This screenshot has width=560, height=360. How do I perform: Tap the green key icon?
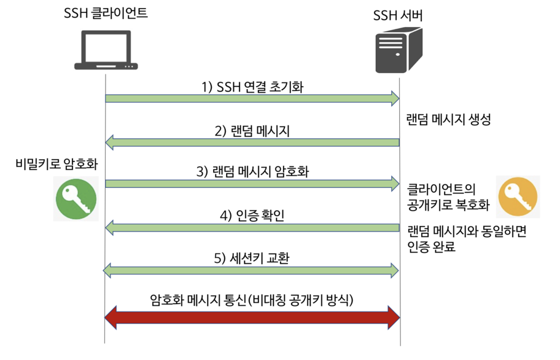pos(77,199)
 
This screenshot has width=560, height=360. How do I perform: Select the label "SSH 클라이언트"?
pos(106,14)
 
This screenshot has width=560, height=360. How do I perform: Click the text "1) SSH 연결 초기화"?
pos(252,87)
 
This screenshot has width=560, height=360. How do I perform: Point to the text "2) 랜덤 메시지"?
pos(252,131)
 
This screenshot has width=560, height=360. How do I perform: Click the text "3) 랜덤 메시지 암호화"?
pos(252,171)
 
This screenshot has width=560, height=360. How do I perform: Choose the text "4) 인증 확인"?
pos(252,216)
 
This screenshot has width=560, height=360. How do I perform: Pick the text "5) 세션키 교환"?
pos(252,257)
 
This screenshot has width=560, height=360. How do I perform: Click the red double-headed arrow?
pos(252,317)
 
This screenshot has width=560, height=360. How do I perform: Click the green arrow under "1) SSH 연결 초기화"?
pos(252,98)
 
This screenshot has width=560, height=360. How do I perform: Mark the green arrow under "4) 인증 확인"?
pos(252,228)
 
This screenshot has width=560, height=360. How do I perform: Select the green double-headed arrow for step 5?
pos(252,269)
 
